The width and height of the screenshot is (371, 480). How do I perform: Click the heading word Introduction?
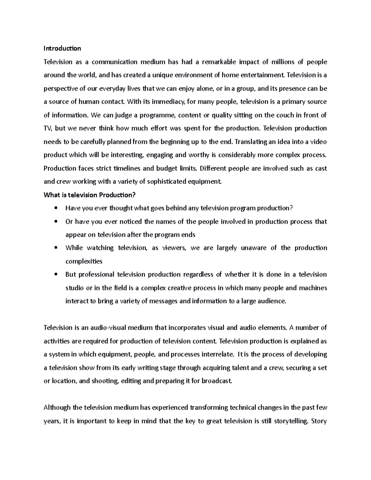(62, 49)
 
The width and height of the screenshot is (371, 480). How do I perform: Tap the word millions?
(283, 62)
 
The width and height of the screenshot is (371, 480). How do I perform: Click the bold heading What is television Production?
(90, 195)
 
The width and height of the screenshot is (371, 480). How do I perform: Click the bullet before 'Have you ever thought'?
(56, 208)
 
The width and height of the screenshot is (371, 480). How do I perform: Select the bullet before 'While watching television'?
(56, 248)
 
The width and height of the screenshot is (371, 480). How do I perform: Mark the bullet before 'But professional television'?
(56, 275)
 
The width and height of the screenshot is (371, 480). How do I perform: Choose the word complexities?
(84, 261)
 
